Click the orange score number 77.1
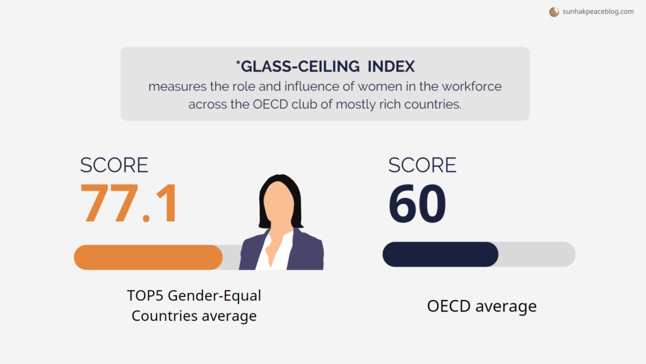[129, 203]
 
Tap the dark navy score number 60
[417, 203]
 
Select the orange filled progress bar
[148, 257]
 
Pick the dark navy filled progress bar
[440, 254]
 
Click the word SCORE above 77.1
[114, 165]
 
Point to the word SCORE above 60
[422, 165]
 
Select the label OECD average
[481, 306]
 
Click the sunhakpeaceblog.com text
[597, 11]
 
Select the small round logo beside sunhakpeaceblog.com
[554, 11]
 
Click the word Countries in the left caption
[160, 316]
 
